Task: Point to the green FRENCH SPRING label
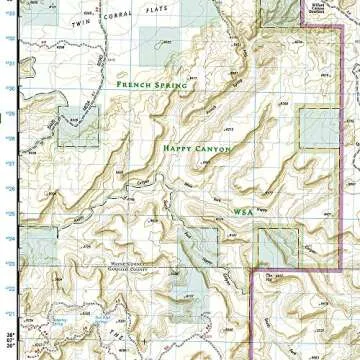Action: tap(151, 86)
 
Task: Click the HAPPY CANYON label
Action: tap(197, 148)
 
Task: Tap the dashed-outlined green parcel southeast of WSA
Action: tap(277, 246)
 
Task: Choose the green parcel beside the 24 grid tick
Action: tap(40, 245)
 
